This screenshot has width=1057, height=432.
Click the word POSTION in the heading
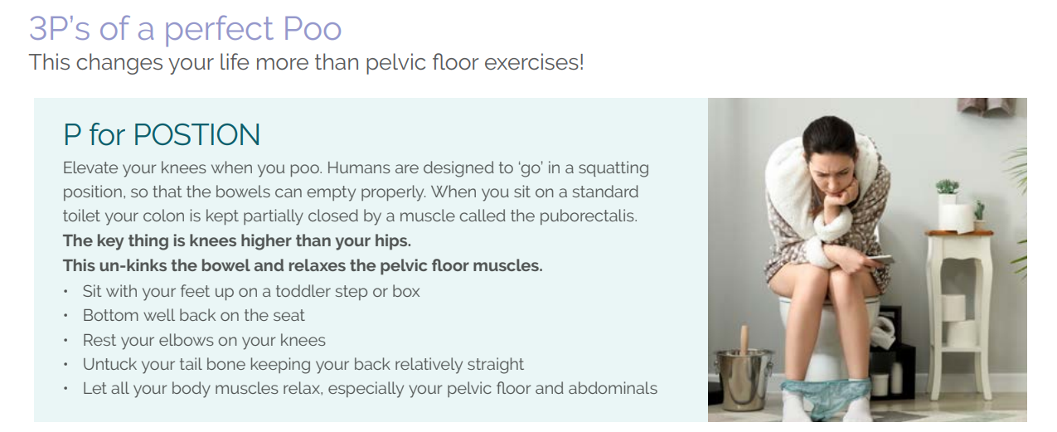[196, 134]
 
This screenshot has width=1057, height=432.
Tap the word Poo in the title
[312, 28]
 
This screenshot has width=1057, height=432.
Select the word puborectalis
[588, 216]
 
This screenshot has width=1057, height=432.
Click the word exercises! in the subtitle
[534, 62]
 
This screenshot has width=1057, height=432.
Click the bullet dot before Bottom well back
[65, 316]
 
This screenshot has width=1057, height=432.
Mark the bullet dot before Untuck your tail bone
[65, 365]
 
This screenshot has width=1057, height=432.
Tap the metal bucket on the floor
[743, 379]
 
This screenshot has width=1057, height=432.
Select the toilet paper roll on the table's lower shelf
[953, 307]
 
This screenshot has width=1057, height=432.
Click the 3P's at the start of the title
[59, 28]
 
